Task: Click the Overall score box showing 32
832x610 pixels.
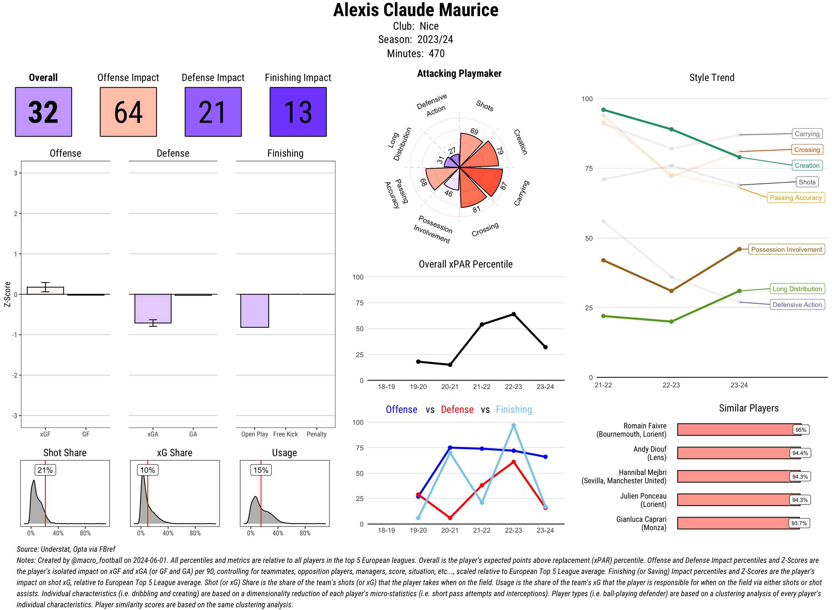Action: (x=43, y=112)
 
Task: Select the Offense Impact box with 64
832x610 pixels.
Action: (x=128, y=112)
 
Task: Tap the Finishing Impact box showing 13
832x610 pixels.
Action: (x=298, y=112)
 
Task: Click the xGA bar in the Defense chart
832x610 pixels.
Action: (x=153, y=308)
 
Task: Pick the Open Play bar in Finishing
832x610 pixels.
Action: (x=254, y=311)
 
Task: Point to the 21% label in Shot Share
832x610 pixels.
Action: (x=45, y=470)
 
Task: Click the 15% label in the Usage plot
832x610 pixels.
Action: (x=261, y=470)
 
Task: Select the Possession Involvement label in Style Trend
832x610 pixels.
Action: (x=786, y=250)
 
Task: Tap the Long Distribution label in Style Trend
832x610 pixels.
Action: (x=797, y=289)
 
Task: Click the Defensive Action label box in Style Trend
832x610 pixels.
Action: (x=797, y=305)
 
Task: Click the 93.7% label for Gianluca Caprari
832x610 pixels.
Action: (x=799, y=523)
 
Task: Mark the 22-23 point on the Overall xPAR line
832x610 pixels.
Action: (x=513, y=314)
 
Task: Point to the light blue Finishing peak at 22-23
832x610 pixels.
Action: (x=513, y=426)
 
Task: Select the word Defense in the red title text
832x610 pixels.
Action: (x=457, y=410)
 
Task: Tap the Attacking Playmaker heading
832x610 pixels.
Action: (x=459, y=73)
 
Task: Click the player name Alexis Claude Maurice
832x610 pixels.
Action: (x=415, y=10)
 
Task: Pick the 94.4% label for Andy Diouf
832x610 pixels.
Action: (x=800, y=453)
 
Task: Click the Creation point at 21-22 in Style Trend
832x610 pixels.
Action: (x=603, y=110)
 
